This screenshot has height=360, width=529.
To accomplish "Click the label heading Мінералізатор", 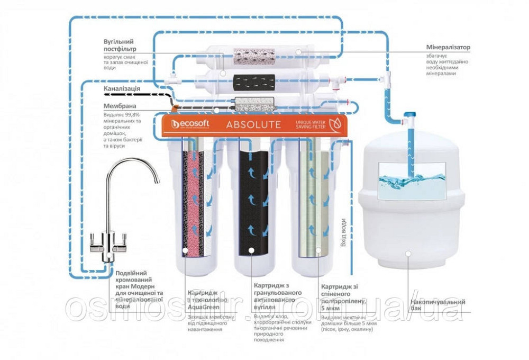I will (x=448, y=48).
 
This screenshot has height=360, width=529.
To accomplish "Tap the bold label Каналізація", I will (x=122, y=88).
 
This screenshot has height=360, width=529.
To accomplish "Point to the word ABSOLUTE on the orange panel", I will (x=253, y=125).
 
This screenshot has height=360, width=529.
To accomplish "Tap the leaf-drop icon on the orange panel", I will (x=334, y=125).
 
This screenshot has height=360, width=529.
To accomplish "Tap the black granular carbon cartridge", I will (x=252, y=201).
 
